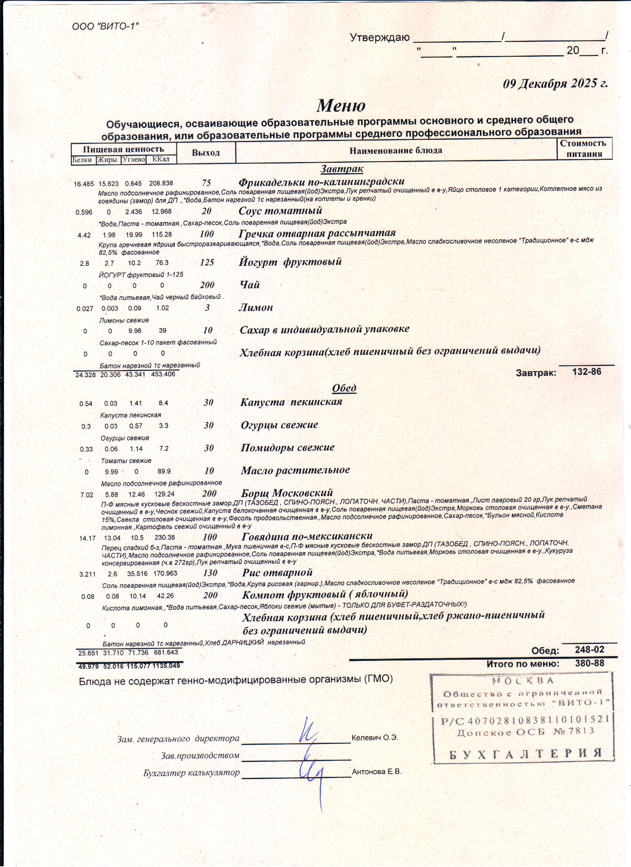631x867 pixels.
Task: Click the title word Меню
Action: pyautogui.click(x=341, y=106)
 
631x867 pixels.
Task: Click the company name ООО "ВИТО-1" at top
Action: pyautogui.click(x=105, y=26)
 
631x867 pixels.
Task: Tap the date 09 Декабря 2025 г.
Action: pyautogui.click(x=555, y=84)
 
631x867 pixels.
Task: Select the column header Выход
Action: pyautogui.click(x=206, y=153)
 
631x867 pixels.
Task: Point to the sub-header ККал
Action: pyautogui.click(x=161, y=159)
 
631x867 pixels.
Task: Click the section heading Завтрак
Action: pyautogui.click(x=342, y=169)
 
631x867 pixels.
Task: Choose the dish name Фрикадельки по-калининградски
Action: pyautogui.click(x=321, y=182)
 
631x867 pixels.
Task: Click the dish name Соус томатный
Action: pyautogui.click(x=280, y=211)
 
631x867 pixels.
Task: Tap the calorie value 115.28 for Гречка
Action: pyautogui.click(x=161, y=234)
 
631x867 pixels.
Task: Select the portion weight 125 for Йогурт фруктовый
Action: pyautogui.click(x=207, y=262)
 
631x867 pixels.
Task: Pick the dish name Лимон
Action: pyautogui.click(x=256, y=307)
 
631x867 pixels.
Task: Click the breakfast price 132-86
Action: pyautogui.click(x=586, y=372)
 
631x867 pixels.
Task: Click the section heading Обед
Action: pyautogui.click(x=344, y=388)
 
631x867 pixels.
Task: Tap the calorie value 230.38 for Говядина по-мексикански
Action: pyautogui.click(x=164, y=537)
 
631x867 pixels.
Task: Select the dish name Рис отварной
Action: pyautogui.click(x=277, y=572)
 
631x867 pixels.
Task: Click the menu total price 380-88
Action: pyautogui.click(x=589, y=663)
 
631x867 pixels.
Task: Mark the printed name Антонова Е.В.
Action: pyautogui.click(x=376, y=772)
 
